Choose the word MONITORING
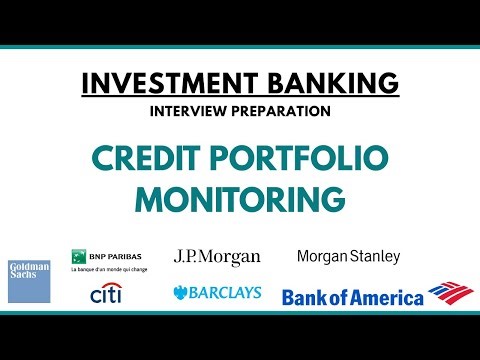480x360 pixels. [240, 200]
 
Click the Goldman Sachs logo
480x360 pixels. [29, 281]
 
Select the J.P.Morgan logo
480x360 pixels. [217, 257]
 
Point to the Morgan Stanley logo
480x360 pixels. [348, 256]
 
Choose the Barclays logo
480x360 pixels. [217, 293]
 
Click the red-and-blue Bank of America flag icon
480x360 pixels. [450, 293]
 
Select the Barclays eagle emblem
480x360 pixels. [180, 293]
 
